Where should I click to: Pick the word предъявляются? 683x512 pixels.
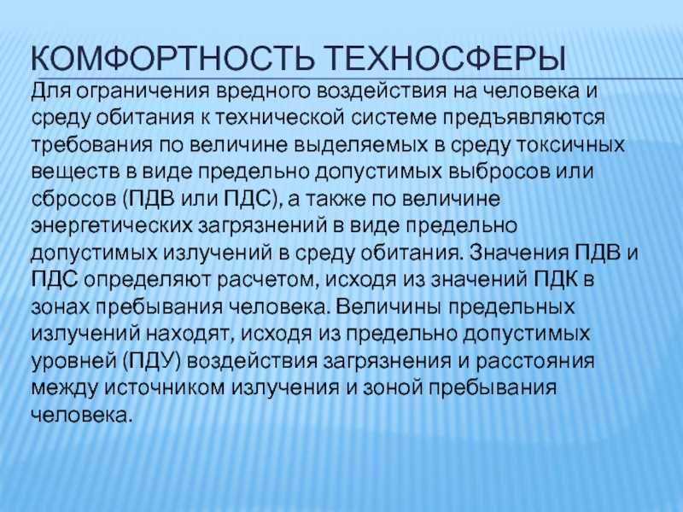coord(528,115)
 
